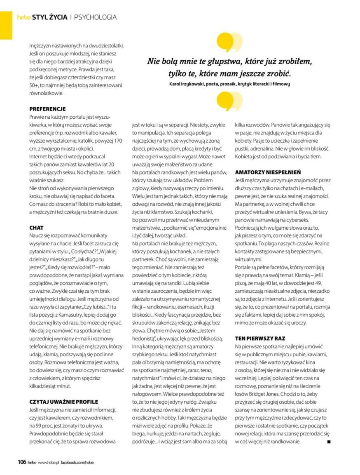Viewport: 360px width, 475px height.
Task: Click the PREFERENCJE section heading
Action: [x=47, y=109]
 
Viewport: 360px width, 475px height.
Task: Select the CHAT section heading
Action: [x=37, y=228]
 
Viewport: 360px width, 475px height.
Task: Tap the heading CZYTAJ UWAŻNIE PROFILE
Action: [x=64, y=401]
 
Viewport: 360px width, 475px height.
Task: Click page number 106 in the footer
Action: [x=22, y=462]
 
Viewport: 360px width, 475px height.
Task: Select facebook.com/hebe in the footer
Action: [x=77, y=463]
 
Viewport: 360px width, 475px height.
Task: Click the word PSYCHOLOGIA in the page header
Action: [x=96, y=17]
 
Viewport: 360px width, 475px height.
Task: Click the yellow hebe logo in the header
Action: [x=24, y=17]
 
